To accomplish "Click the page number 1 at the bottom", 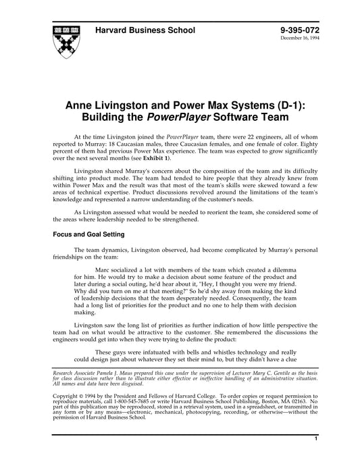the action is pyautogui.click(x=316, y=457).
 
